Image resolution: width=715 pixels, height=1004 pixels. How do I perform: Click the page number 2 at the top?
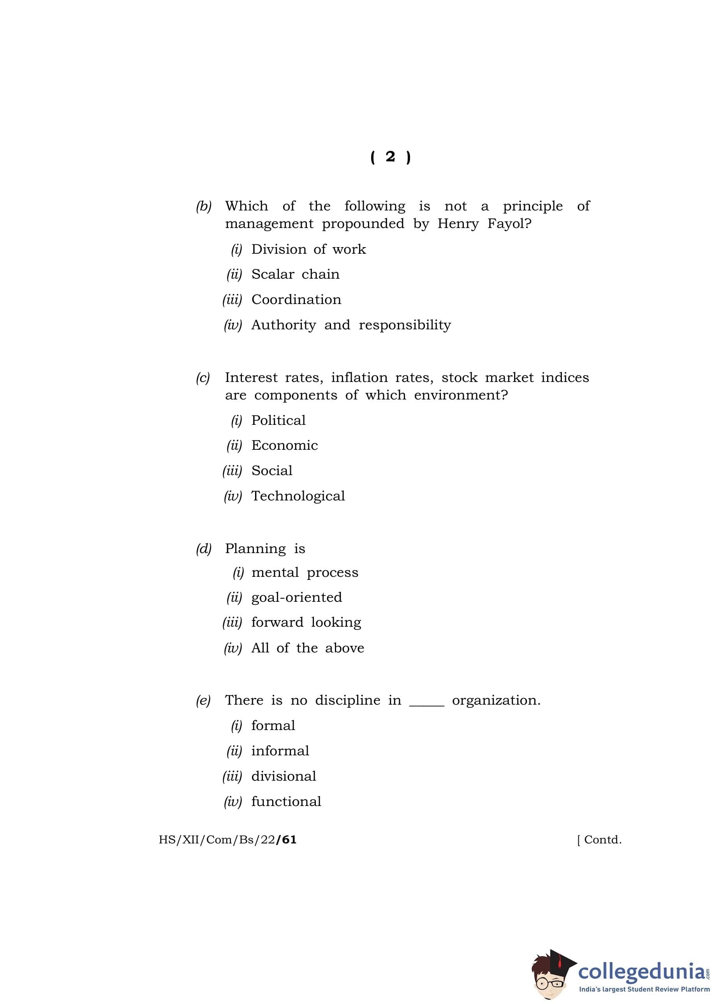pyautogui.click(x=390, y=157)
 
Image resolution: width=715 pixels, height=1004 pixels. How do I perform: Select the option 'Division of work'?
pyautogui.click(x=308, y=249)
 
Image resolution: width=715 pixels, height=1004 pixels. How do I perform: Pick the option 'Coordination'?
pyautogui.click(x=296, y=300)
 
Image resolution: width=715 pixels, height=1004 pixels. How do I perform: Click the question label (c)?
pyautogui.click(x=203, y=378)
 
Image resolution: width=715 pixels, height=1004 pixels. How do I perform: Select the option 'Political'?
pyautogui.click(x=278, y=420)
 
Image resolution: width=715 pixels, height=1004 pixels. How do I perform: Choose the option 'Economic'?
pyautogui.click(x=284, y=445)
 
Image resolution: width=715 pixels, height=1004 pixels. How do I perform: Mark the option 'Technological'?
pyautogui.click(x=298, y=496)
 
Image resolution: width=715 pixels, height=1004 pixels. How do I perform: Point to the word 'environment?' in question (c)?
pyautogui.click(x=461, y=395)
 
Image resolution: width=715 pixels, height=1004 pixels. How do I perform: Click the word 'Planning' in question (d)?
pyautogui.click(x=255, y=548)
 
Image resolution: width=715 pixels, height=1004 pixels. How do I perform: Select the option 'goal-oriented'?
pyautogui.click(x=296, y=597)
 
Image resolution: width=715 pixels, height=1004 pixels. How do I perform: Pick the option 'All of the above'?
pyautogui.click(x=307, y=648)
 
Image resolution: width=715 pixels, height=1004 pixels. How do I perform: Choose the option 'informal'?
pyautogui.click(x=280, y=751)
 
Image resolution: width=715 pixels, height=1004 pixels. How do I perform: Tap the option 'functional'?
pyautogui.click(x=286, y=801)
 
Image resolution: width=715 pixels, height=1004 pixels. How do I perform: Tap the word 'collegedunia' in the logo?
pyautogui.click(x=640, y=971)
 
